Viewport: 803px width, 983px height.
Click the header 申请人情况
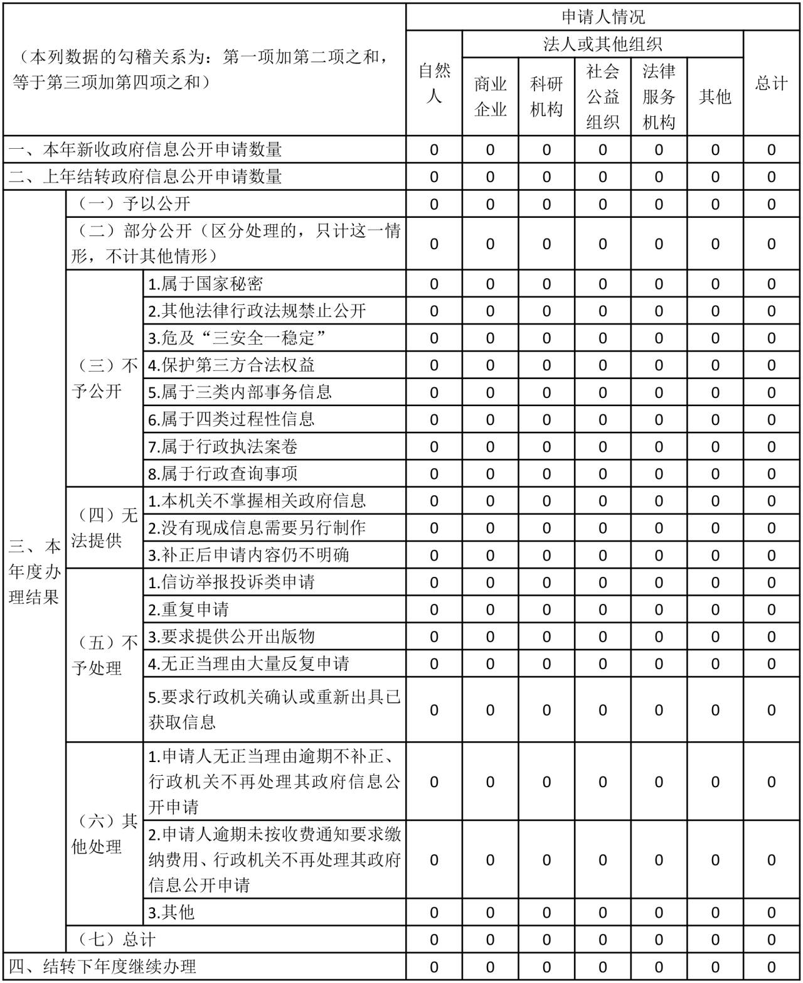click(x=602, y=17)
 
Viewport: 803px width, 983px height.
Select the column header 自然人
click(x=434, y=83)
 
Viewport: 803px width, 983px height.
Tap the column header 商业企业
click(x=490, y=96)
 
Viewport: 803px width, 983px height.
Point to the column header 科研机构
click(x=546, y=96)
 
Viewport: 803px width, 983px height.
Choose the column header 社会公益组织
click(x=602, y=96)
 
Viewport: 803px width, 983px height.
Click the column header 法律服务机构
click(x=659, y=96)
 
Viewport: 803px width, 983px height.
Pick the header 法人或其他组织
click(x=602, y=44)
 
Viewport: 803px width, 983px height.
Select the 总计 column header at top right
click(x=771, y=83)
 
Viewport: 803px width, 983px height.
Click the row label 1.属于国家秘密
click(x=206, y=284)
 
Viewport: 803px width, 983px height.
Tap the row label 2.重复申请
click(x=189, y=610)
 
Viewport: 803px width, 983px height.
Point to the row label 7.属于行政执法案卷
click(x=223, y=447)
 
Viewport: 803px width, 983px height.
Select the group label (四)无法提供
click(x=104, y=528)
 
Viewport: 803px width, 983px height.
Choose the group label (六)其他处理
click(x=104, y=834)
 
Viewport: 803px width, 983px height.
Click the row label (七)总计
click(x=117, y=940)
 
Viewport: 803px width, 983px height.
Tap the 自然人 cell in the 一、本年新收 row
click(x=434, y=150)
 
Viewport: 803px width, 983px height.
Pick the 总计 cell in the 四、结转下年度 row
click(x=771, y=967)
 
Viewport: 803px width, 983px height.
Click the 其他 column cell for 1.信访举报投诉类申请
click(x=715, y=583)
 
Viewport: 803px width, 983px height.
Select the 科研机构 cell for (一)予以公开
click(x=546, y=205)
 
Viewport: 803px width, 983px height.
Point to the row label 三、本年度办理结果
click(x=35, y=571)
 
